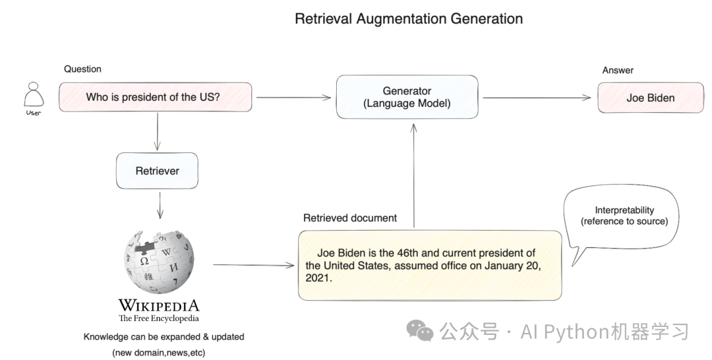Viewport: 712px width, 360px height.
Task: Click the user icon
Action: point(34,96)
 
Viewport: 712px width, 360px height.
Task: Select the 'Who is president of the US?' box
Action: point(156,97)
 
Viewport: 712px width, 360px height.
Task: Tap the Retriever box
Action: point(157,171)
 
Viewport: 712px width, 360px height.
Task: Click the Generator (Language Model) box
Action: point(407,97)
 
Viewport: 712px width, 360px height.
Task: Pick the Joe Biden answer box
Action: point(650,98)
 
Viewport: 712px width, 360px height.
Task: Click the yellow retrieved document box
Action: point(429,265)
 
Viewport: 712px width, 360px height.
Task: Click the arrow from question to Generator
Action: point(293,98)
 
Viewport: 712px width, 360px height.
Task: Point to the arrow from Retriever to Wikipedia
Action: point(158,205)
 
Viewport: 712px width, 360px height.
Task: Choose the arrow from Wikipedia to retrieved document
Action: point(254,266)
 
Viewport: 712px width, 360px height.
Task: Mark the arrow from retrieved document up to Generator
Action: point(414,174)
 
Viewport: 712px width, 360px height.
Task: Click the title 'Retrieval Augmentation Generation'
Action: point(409,18)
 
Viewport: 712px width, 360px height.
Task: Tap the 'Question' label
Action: point(82,69)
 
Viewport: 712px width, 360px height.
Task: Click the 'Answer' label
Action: point(618,71)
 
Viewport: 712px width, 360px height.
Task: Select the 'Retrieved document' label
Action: point(349,218)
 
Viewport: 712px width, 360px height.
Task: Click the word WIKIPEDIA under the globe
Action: point(158,305)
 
